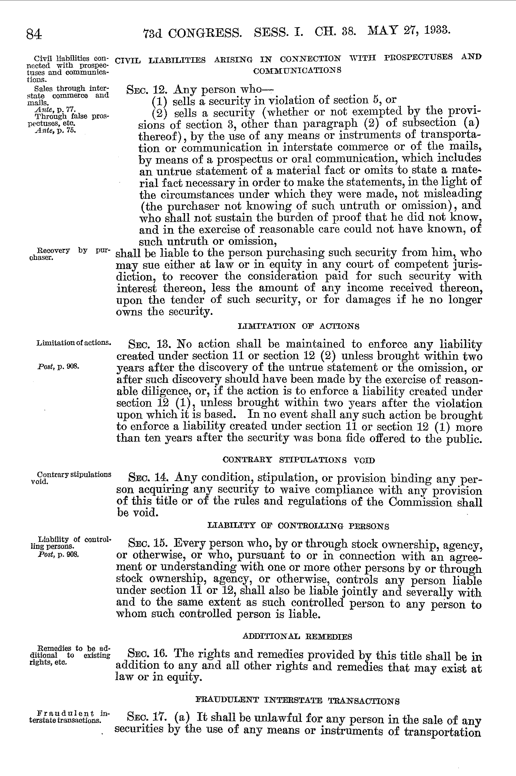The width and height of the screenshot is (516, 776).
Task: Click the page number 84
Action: coord(34,34)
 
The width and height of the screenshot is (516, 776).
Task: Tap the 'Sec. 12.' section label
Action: coord(148,90)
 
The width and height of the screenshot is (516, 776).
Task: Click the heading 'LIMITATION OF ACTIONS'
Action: coord(299,326)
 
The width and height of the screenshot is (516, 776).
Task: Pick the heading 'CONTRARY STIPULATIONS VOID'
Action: coord(299,460)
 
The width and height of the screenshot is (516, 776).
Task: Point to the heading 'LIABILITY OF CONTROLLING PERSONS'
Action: coord(299,526)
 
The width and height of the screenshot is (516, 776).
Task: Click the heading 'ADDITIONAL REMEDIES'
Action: coord(297,636)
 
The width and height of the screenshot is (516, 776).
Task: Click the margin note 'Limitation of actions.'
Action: coord(74,343)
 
